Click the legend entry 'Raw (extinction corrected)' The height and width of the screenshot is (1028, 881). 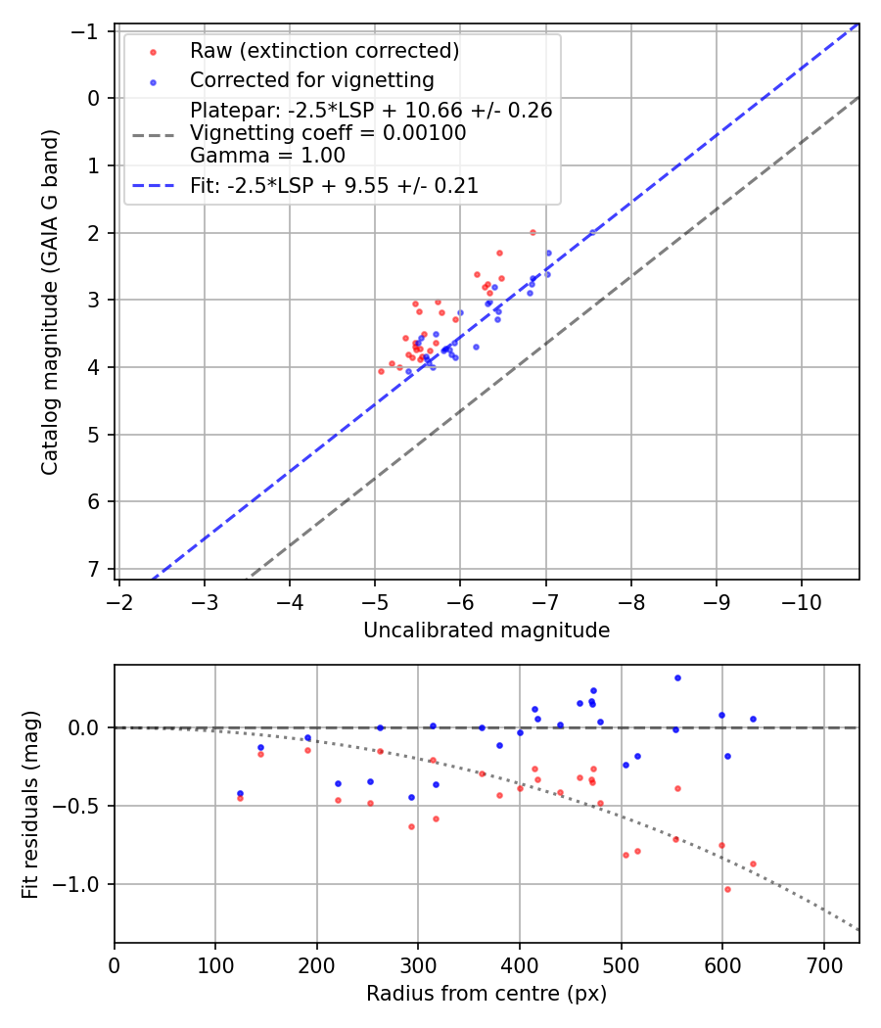coord(324,51)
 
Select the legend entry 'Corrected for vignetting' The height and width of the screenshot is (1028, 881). coord(311,79)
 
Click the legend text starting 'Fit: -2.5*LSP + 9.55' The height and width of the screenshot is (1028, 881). coord(334,186)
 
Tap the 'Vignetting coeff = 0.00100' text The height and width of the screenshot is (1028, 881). coord(328,133)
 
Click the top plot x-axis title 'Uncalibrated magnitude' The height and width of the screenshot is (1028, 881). coord(487,631)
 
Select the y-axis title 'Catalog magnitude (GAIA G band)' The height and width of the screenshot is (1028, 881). coord(50,301)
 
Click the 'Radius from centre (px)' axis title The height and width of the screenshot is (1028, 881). coord(487,994)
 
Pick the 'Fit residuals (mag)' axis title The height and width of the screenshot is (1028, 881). coord(30,804)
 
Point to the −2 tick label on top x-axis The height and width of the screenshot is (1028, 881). coord(119,599)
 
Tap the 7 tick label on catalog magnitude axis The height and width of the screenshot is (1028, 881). coord(95,569)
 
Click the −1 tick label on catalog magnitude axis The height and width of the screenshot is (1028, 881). coord(89,31)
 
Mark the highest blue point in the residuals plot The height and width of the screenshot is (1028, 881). coord(677,678)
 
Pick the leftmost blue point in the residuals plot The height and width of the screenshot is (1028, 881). coord(240,793)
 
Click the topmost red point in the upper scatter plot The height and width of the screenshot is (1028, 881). coord(533,232)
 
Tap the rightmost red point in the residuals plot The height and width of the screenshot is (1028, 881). coord(753,864)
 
